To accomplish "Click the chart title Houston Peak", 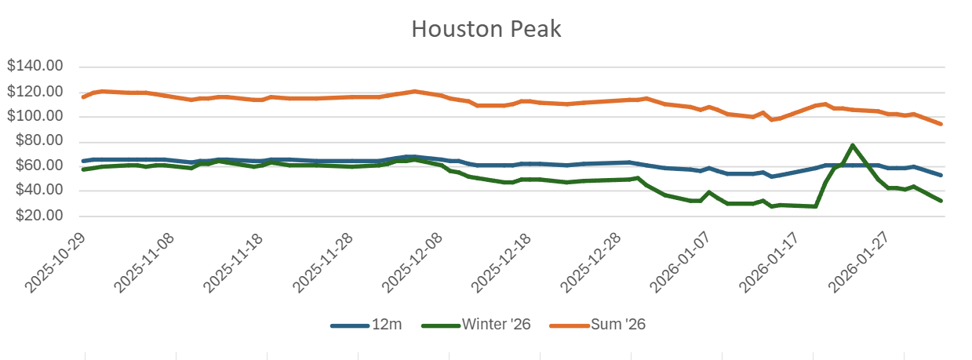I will [x=486, y=29].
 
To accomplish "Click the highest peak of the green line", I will [x=853, y=145].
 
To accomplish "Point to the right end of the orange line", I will [x=941, y=124].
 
